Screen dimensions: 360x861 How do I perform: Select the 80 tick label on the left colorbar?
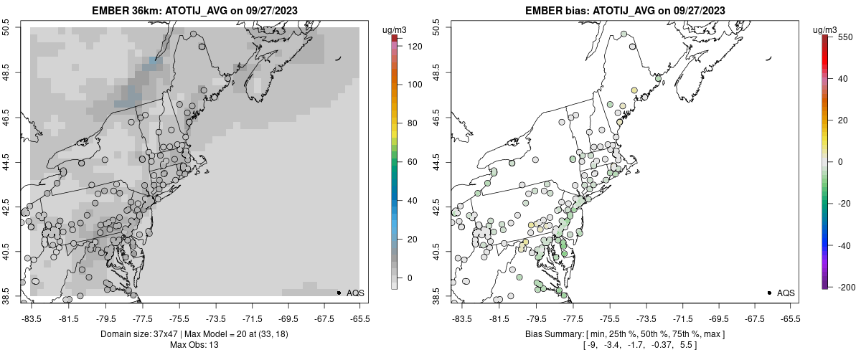[411, 123]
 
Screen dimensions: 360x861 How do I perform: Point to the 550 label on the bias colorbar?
[844, 36]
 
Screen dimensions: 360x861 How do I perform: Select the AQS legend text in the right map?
[786, 293]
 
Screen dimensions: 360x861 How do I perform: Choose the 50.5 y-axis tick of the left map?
[6, 28]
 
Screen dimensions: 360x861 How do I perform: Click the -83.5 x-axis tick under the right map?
[461, 318]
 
